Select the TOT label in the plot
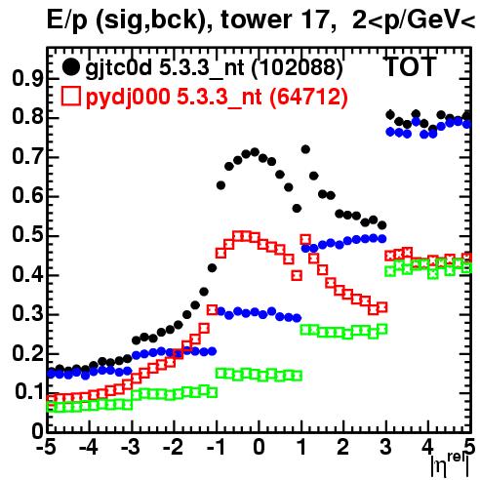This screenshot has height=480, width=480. point(411,67)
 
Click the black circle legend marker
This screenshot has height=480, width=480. point(70,67)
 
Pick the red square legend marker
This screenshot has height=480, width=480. point(70,97)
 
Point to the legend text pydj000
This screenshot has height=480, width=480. point(128,98)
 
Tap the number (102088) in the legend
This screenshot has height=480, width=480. point(298,67)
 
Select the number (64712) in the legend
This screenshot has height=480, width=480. point(309,97)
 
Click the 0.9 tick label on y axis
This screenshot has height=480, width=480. point(27,79)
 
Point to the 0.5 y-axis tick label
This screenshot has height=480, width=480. point(27,236)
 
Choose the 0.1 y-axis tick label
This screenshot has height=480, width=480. point(29,392)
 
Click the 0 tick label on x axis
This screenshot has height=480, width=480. point(259,447)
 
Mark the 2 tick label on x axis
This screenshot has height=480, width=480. point(343,447)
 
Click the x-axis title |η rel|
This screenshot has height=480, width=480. point(451,465)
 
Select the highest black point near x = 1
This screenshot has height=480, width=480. point(305,149)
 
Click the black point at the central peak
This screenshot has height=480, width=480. point(255,152)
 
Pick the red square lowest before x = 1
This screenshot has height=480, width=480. point(297,276)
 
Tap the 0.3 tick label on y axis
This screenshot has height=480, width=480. point(27,314)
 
